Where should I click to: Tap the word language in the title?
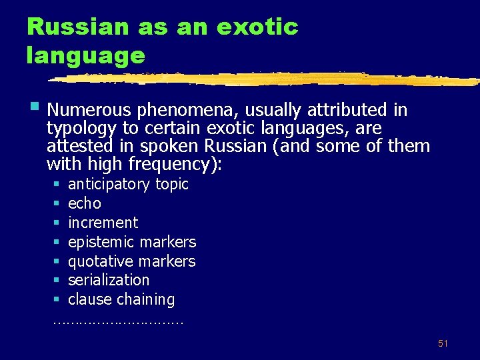[85, 55]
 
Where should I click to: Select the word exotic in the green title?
[257, 27]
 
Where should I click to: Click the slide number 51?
[443, 343]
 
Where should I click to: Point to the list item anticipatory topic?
[128, 184]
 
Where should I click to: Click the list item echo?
[84, 203]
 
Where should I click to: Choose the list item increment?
[103, 223]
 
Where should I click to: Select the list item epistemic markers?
[132, 242]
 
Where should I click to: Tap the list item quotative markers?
[131, 261]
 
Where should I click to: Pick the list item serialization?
[108, 280]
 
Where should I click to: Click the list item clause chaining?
[121, 299]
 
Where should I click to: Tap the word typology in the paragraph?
[81, 127]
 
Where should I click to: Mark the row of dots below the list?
[118, 321]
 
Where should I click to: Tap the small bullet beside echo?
[57, 203]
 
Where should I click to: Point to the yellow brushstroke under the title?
[267, 79]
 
